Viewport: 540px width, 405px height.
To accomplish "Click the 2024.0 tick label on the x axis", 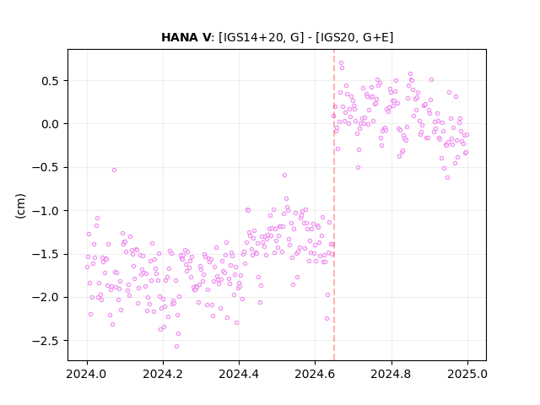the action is (87, 374).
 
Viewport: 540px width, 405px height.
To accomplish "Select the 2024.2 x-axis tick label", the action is (163, 374).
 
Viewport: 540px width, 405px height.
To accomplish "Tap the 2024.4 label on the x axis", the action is (239, 374).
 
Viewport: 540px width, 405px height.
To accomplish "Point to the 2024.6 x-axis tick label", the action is (315, 374).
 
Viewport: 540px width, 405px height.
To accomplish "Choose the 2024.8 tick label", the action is (391, 374).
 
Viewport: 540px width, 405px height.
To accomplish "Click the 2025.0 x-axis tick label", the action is (467, 374).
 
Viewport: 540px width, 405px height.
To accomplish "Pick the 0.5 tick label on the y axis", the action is (51, 81).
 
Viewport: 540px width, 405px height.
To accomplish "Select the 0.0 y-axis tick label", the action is (51, 124).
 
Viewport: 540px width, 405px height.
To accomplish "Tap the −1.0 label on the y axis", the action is (46, 211).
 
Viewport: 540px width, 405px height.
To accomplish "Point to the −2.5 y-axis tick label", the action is (46, 341).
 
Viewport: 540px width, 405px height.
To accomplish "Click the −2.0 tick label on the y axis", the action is (46, 298).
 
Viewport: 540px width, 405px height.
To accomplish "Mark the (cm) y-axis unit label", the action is (20, 206).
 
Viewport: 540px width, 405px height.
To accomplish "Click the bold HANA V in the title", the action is (186, 37).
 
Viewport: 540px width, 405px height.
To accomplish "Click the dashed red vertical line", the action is (334, 205).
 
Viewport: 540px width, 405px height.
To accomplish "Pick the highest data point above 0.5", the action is (341, 63).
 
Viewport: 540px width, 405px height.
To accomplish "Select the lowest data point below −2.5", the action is (176, 346).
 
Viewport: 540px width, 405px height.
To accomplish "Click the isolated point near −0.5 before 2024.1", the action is (114, 170).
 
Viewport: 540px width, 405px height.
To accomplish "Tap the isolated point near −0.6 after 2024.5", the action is (284, 175).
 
